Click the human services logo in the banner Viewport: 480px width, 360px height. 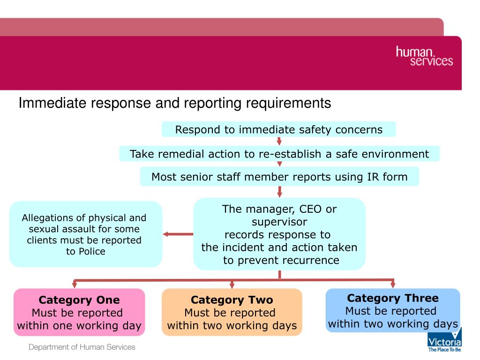pyautogui.click(x=424, y=56)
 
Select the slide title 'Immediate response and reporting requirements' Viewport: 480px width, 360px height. pyautogui.click(x=175, y=103)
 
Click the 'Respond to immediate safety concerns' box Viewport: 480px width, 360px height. pyautogui.click(x=279, y=129)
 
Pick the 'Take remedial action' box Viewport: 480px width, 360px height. pyautogui.click(x=279, y=154)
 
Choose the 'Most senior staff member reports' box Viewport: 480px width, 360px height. pyautogui.click(x=279, y=177)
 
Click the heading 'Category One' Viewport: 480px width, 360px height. pyautogui.click(x=79, y=300)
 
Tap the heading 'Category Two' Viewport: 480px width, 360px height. pyautogui.click(x=232, y=300)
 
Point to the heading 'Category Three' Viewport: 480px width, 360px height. pyautogui.click(x=393, y=298)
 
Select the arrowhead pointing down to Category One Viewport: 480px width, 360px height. pyautogui.click(x=74, y=284)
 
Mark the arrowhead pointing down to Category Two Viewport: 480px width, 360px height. pyautogui.click(x=232, y=284)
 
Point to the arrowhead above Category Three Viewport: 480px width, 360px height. pyautogui.click(x=393, y=284)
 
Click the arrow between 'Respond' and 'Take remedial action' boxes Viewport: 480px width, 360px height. pyautogui.click(x=279, y=141)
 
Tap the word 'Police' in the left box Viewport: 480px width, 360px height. pyautogui.click(x=92, y=251)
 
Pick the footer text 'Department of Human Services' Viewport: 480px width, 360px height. pyautogui.click(x=82, y=347)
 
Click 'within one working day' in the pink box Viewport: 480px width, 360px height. pyautogui.click(x=79, y=326)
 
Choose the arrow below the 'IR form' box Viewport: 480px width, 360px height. pyautogui.click(x=280, y=192)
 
